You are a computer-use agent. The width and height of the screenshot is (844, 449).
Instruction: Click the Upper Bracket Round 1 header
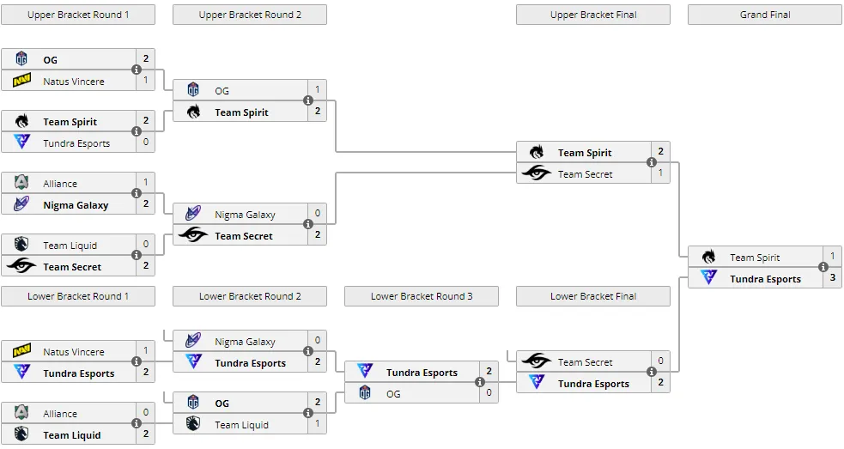point(78,15)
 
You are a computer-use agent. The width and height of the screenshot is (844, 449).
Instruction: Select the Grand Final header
point(765,15)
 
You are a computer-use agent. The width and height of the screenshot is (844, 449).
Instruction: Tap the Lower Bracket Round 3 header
point(422,296)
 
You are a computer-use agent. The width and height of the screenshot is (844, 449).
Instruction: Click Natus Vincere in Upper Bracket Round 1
point(74,82)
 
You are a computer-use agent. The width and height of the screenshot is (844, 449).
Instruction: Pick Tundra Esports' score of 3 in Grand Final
point(832,278)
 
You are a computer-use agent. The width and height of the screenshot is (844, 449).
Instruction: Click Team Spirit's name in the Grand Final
point(755,258)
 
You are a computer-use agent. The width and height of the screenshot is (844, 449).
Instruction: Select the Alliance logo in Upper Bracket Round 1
point(21,182)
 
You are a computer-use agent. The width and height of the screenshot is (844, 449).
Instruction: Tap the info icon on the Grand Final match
point(823,267)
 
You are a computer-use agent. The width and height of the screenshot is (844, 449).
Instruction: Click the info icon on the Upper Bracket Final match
point(652,162)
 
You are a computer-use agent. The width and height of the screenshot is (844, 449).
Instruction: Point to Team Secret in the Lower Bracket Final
point(585,362)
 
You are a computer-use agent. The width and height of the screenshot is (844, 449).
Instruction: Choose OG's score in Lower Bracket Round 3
point(489,393)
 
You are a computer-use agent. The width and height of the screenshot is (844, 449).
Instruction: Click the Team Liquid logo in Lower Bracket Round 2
point(193,423)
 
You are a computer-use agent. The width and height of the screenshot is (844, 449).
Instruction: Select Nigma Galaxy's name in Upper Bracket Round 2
point(245,215)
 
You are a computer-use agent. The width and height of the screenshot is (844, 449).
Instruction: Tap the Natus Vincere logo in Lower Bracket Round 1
point(21,350)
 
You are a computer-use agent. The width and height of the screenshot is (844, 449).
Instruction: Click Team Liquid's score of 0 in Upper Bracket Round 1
point(145,245)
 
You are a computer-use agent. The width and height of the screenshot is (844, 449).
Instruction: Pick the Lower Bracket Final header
point(593,296)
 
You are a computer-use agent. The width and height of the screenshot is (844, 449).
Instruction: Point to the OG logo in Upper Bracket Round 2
point(193,89)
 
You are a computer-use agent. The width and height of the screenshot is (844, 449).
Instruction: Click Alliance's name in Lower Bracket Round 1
point(60,414)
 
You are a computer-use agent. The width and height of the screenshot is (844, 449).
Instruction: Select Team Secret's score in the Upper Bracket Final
point(660,173)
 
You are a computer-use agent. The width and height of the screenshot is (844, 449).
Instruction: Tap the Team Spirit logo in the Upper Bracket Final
point(537,152)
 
